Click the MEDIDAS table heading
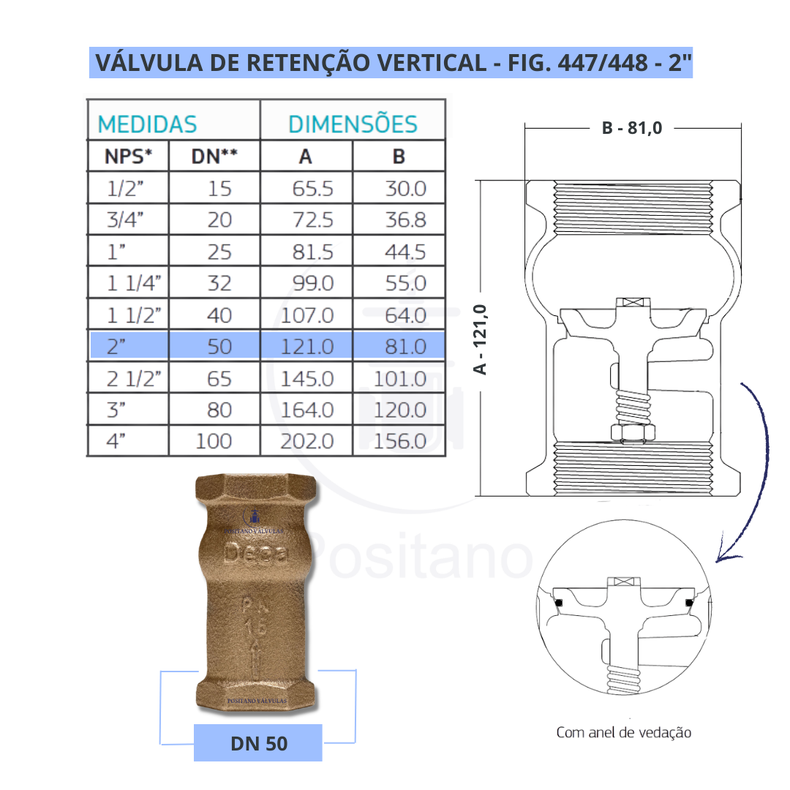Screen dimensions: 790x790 tap(147, 124)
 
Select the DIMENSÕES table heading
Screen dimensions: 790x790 tap(353, 124)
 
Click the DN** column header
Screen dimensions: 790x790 tap(214, 156)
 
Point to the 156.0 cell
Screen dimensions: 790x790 tap(399, 441)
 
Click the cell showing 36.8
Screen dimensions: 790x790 tap(405, 219)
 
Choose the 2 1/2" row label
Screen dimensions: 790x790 tap(132, 378)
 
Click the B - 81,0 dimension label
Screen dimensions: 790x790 tap(632, 128)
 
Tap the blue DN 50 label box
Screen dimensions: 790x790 tap(258, 743)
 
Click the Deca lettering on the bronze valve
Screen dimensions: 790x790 tap(256, 554)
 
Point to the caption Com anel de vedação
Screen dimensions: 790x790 tap(623, 732)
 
